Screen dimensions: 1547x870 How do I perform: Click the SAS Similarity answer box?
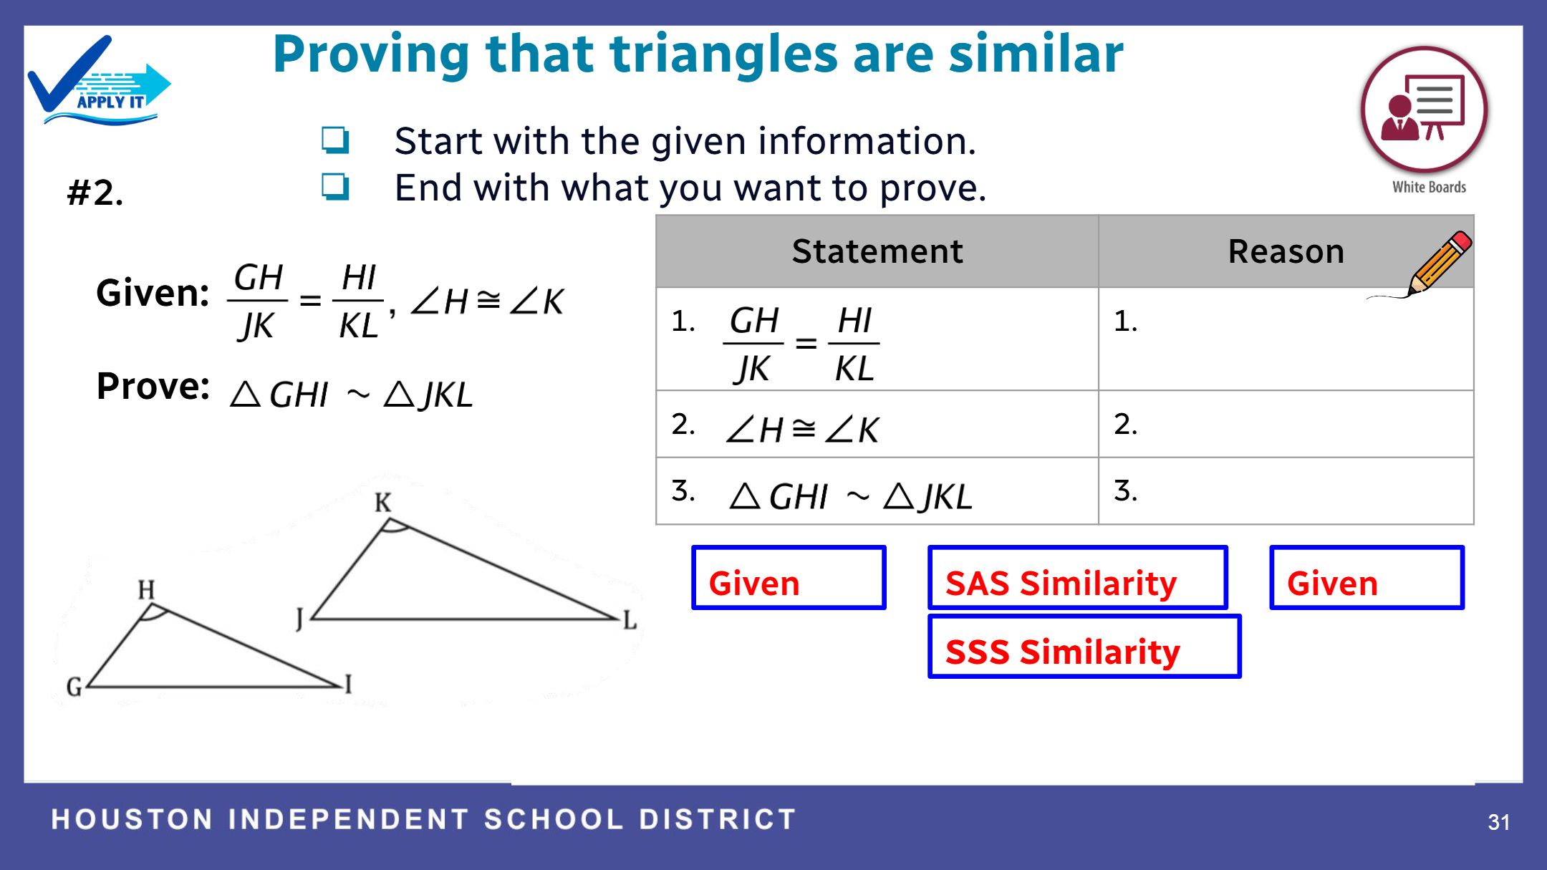point(1078,578)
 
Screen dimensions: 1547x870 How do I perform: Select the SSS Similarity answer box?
point(1084,647)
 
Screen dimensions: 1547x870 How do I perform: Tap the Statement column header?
point(877,251)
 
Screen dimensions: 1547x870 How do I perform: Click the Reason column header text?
point(1286,251)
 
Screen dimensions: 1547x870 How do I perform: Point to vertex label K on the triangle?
point(383,503)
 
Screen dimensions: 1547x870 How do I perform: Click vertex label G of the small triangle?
point(74,687)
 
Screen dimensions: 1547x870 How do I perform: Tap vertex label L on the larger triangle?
point(630,620)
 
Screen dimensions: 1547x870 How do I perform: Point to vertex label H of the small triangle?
point(146,590)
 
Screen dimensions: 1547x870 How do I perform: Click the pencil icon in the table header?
point(1438,263)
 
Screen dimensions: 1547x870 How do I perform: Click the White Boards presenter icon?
point(1425,110)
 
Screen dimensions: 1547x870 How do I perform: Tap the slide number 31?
point(1499,822)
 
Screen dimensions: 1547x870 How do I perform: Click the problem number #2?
point(95,193)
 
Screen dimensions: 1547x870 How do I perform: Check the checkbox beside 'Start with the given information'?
point(335,140)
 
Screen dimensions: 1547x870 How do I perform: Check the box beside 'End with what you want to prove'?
point(335,187)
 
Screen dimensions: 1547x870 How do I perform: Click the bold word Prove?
point(153,387)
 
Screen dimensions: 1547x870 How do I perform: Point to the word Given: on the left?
point(153,294)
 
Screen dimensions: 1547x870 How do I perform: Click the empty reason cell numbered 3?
point(1286,491)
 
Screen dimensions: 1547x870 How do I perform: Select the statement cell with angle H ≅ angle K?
point(877,425)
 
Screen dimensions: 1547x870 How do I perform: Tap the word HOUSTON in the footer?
point(132,819)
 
